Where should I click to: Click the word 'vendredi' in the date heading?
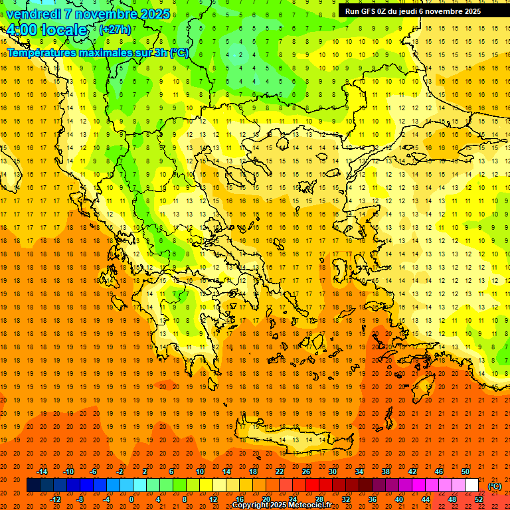click(x=35, y=14)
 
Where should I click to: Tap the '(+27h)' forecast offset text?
click(x=115, y=30)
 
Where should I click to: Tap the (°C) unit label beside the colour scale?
click(x=495, y=486)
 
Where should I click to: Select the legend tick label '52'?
click(x=479, y=499)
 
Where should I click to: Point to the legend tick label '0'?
click(x=131, y=499)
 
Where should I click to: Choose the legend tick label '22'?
click(x=280, y=471)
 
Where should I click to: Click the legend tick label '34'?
click(x=359, y=471)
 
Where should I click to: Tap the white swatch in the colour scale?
click(x=471, y=485)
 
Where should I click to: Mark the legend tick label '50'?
click(x=466, y=471)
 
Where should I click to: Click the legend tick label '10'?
click(x=200, y=471)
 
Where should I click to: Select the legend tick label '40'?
click(x=399, y=499)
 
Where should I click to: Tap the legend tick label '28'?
click(x=319, y=499)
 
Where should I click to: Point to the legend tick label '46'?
click(x=439, y=471)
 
